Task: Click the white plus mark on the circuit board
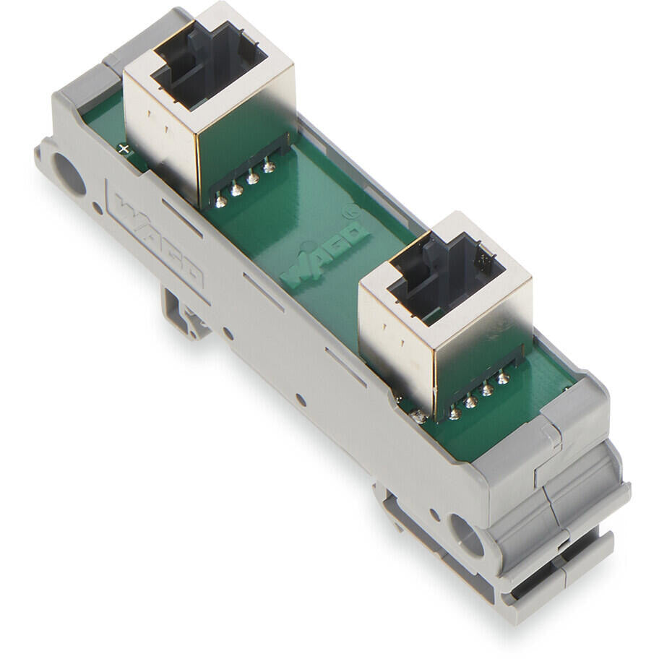[x=124, y=148]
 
